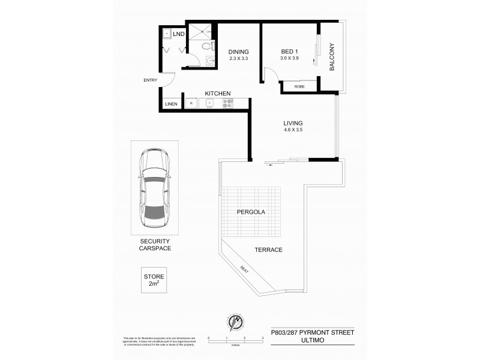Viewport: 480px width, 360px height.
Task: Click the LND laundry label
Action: click(x=178, y=34)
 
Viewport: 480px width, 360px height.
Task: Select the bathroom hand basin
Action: click(x=208, y=60)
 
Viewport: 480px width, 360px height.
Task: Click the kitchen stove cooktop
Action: click(x=227, y=103)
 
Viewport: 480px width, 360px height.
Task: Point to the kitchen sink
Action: click(x=209, y=103)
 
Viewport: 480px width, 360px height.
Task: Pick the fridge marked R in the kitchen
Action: click(x=191, y=103)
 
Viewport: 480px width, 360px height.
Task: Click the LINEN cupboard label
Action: click(x=171, y=103)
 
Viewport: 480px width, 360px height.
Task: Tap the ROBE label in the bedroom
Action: click(x=299, y=88)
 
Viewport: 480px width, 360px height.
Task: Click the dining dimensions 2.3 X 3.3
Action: click(x=238, y=58)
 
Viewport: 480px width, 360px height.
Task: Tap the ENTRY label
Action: click(x=150, y=80)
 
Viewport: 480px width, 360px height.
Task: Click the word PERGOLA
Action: click(x=250, y=212)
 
